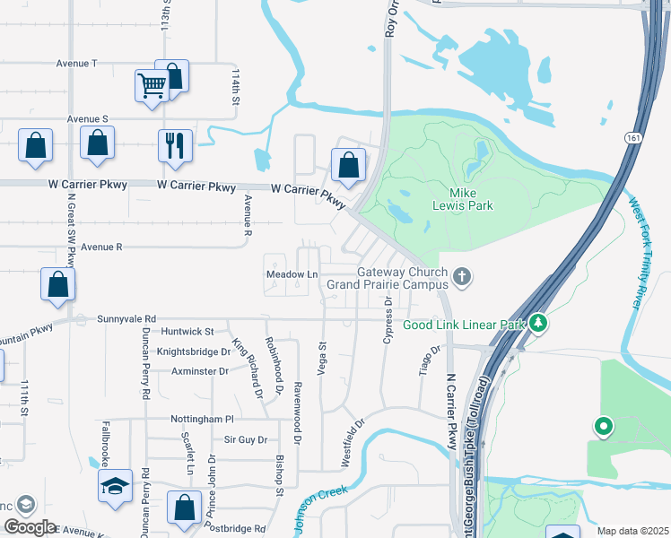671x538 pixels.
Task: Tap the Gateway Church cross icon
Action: pos(462,275)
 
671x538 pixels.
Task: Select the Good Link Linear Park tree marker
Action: pos(538,322)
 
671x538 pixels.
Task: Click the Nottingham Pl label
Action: pos(202,419)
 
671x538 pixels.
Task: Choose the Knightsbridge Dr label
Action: pos(194,351)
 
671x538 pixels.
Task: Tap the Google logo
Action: pos(30,527)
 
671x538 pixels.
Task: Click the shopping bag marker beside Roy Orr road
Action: pos(348,165)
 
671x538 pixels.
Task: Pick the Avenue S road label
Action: pos(87,118)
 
